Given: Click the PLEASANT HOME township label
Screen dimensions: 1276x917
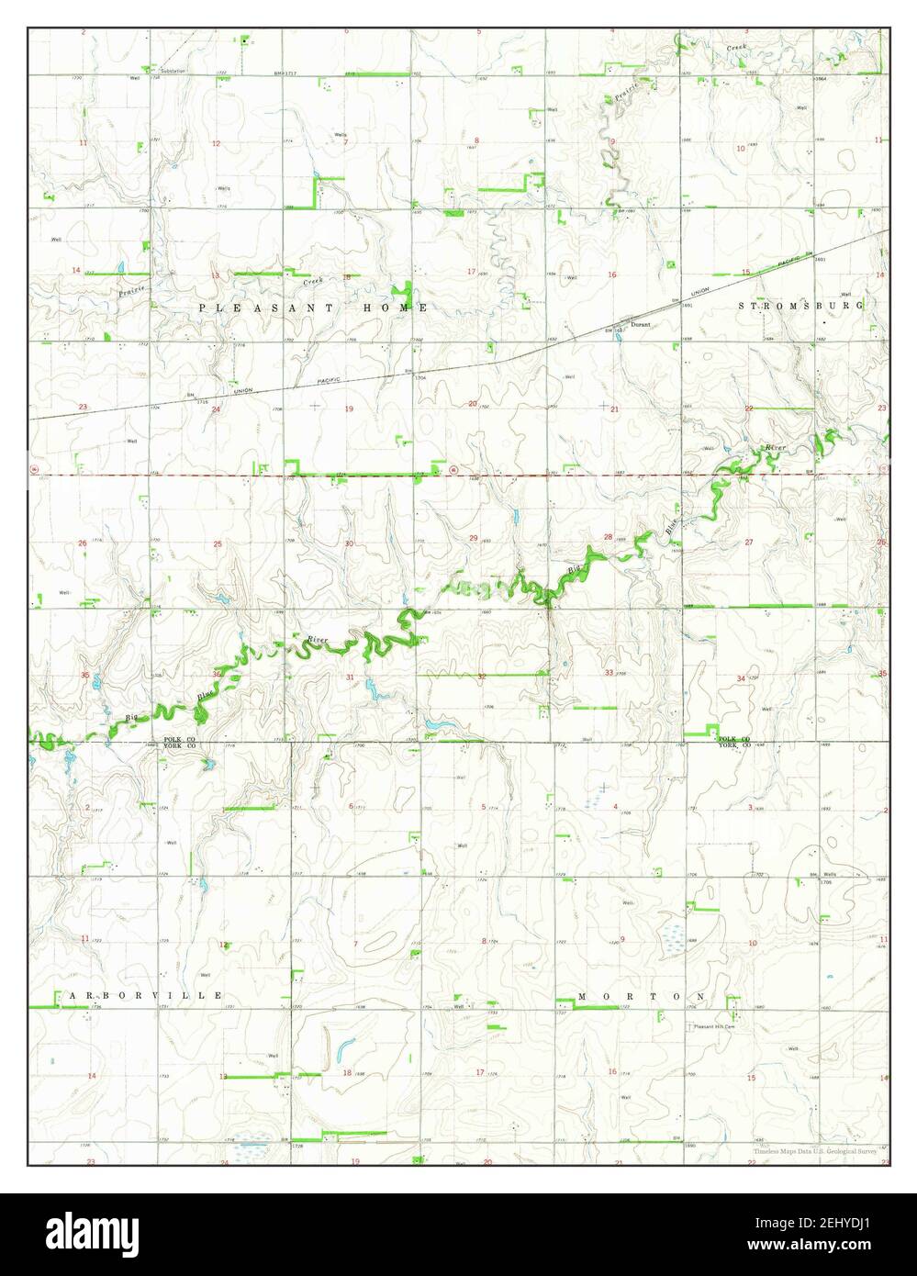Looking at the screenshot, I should (312, 308).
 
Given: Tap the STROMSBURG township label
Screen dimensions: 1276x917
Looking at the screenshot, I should (802, 304).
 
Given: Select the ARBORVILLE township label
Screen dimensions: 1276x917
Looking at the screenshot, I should (144, 995).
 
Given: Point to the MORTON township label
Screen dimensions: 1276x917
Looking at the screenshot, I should (642, 996).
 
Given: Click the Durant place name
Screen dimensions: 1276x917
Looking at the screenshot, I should (640, 325).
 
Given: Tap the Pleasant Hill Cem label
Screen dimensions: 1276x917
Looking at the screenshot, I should (715, 1026).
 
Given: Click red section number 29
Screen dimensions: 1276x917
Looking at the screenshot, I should (474, 537).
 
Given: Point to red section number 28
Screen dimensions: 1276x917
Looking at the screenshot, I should (607, 537).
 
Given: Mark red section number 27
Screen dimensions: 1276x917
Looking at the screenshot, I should (749, 543).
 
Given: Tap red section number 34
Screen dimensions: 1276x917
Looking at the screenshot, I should (742, 678).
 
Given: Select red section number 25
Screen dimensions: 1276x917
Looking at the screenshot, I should (218, 544).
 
